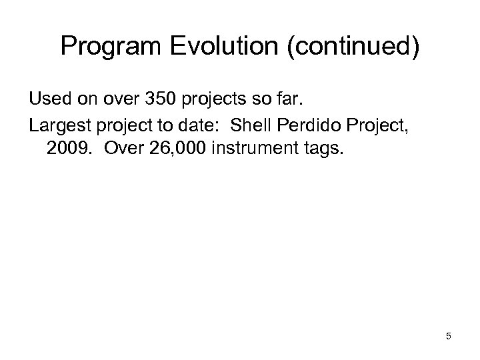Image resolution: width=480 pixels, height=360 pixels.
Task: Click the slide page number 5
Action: (x=449, y=337)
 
